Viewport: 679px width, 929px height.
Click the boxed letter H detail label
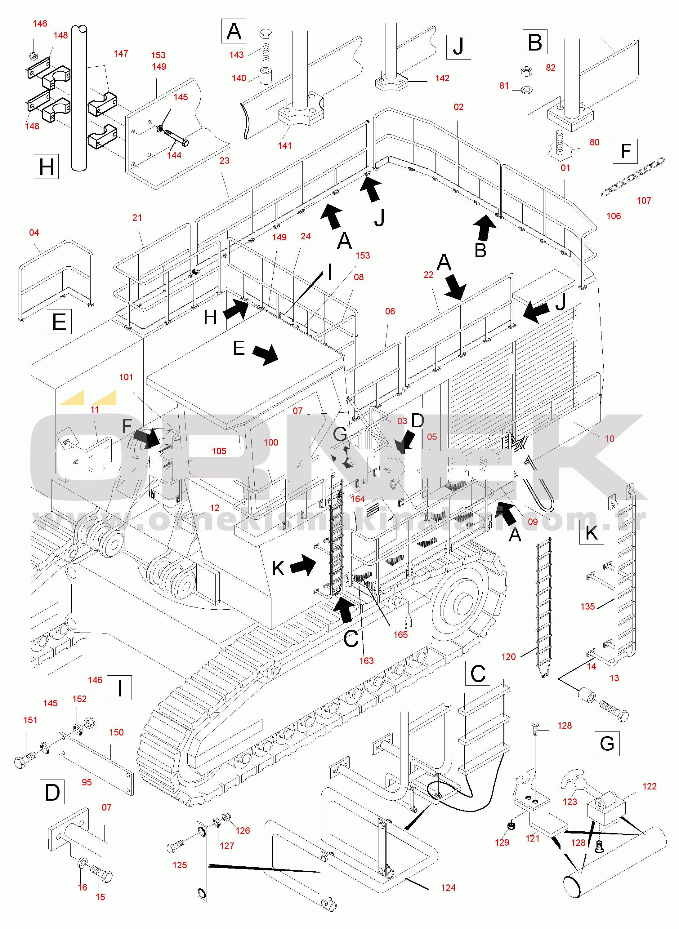(46, 167)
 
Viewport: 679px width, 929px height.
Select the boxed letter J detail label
(458, 47)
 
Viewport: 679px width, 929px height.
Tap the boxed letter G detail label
(607, 744)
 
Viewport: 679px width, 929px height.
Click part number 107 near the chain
(644, 201)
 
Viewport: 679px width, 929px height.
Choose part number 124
(448, 887)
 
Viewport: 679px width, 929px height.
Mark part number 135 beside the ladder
(587, 607)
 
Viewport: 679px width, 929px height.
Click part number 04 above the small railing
(34, 233)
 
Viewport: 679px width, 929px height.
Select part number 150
(116, 732)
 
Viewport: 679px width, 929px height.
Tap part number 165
(400, 634)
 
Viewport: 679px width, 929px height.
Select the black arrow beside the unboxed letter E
(265, 354)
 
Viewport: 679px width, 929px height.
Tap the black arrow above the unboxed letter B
(485, 227)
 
